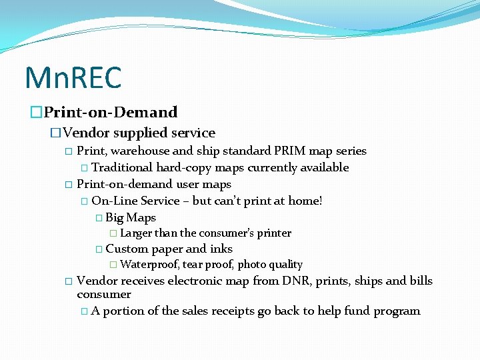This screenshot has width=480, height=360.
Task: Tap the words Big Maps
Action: coord(131,217)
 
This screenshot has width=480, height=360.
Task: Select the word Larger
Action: coord(136,233)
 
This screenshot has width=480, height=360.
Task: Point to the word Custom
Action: coord(127,249)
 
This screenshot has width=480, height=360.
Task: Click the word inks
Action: coord(221,249)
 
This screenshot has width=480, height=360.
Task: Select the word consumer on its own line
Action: coord(104,295)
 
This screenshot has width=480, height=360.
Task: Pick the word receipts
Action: coord(231,311)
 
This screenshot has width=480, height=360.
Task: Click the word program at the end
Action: coord(398,311)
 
